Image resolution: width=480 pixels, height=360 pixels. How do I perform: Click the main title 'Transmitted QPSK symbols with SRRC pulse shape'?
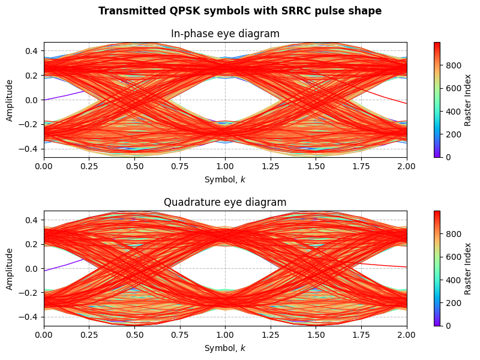(240, 11)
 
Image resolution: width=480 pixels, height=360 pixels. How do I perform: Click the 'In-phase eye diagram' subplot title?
(225, 34)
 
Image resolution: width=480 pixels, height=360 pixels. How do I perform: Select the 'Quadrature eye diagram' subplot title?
(225, 202)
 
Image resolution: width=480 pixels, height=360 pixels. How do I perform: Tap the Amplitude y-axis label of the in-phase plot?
(9, 100)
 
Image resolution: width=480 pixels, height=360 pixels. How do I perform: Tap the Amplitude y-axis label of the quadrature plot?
(9, 268)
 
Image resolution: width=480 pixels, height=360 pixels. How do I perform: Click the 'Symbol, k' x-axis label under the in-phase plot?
(225, 179)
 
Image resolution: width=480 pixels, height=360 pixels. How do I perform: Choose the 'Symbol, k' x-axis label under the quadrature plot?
(225, 348)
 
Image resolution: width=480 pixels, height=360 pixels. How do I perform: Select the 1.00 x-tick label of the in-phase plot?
(225, 166)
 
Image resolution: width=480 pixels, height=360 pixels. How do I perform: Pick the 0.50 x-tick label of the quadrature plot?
(134, 335)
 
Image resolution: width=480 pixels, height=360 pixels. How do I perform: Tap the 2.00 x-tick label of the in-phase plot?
(406, 166)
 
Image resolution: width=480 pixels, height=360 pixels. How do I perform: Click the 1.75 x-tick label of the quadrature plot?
(361, 335)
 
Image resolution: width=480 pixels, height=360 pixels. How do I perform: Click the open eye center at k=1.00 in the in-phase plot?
(225, 100)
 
